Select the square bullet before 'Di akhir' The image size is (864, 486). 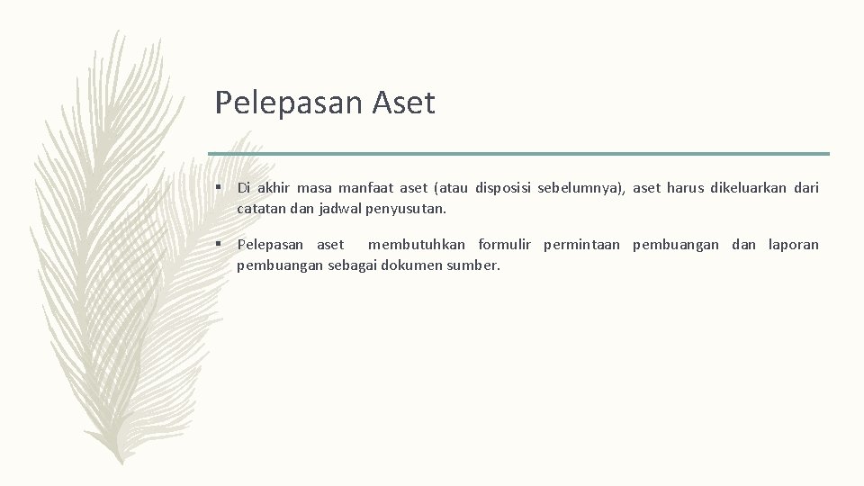(220, 188)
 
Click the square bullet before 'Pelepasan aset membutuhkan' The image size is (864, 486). (220, 245)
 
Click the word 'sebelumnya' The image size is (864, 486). (583, 188)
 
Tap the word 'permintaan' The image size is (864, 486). (581, 245)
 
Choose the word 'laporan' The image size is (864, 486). (794, 245)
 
